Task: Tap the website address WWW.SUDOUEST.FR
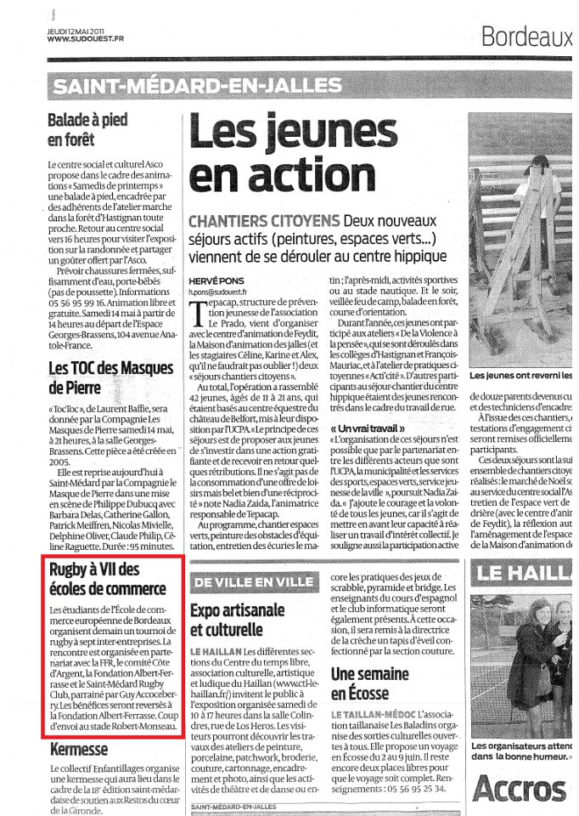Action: click(85, 38)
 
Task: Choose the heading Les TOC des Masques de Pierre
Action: click(110, 377)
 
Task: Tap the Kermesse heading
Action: click(78, 749)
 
